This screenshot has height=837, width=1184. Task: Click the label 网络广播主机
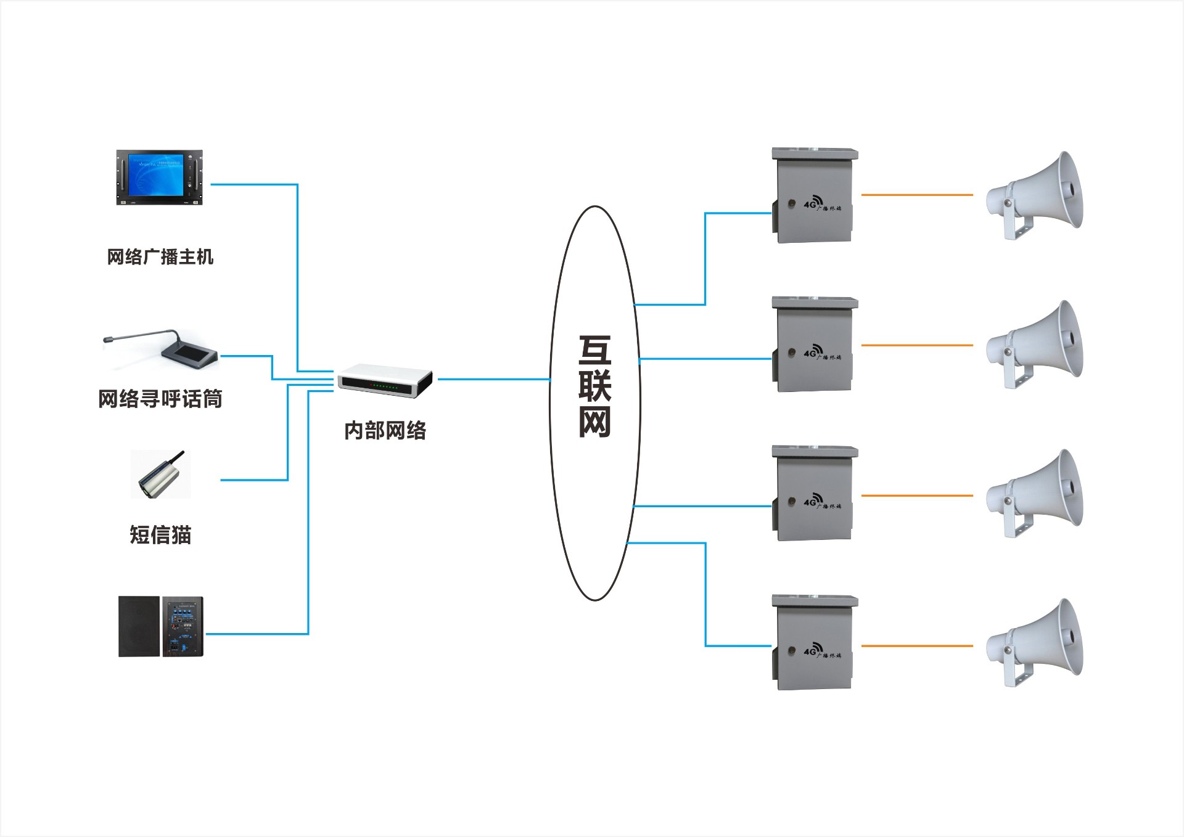[x=160, y=256]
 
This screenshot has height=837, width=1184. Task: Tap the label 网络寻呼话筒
[x=160, y=399]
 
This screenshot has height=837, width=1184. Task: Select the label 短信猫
[x=160, y=534]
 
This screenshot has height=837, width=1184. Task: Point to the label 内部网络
[x=385, y=430]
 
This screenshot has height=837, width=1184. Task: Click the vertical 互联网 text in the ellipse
[x=594, y=386]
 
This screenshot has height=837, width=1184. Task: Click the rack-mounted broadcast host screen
[x=159, y=177]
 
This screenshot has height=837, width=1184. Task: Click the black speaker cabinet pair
[x=160, y=626]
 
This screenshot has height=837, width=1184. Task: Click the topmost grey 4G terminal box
[x=814, y=196]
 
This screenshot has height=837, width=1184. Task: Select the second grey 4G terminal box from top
[x=814, y=345]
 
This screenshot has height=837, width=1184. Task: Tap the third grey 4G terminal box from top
[x=814, y=494]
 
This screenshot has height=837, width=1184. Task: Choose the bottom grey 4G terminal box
[x=814, y=643]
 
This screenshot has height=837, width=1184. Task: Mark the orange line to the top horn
[x=917, y=195]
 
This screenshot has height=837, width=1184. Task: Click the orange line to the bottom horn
[x=917, y=646]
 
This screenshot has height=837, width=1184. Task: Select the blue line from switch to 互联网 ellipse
[x=493, y=379]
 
